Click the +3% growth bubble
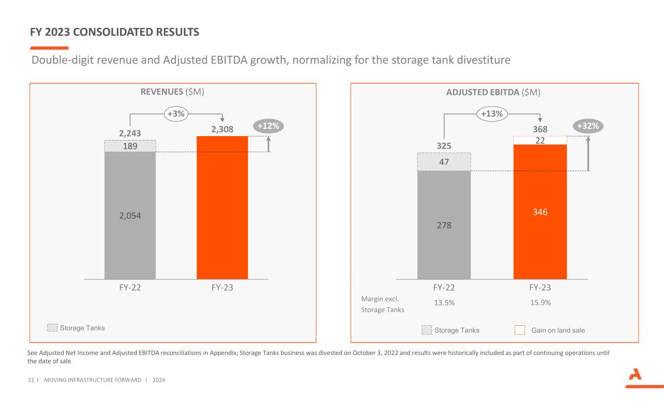point(176,113)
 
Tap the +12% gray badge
point(269,126)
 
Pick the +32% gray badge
point(588,126)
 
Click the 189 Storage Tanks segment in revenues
point(130,146)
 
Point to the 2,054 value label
point(130,215)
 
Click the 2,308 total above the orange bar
point(222,130)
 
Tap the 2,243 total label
point(130,133)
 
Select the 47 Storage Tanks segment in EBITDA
point(444,162)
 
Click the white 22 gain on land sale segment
point(540,140)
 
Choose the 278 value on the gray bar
point(444,225)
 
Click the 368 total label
point(540,129)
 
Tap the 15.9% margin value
point(540,302)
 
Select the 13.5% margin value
point(444,302)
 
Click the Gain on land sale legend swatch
point(520,330)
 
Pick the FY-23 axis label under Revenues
point(222,287)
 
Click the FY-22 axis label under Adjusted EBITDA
point(444,287)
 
